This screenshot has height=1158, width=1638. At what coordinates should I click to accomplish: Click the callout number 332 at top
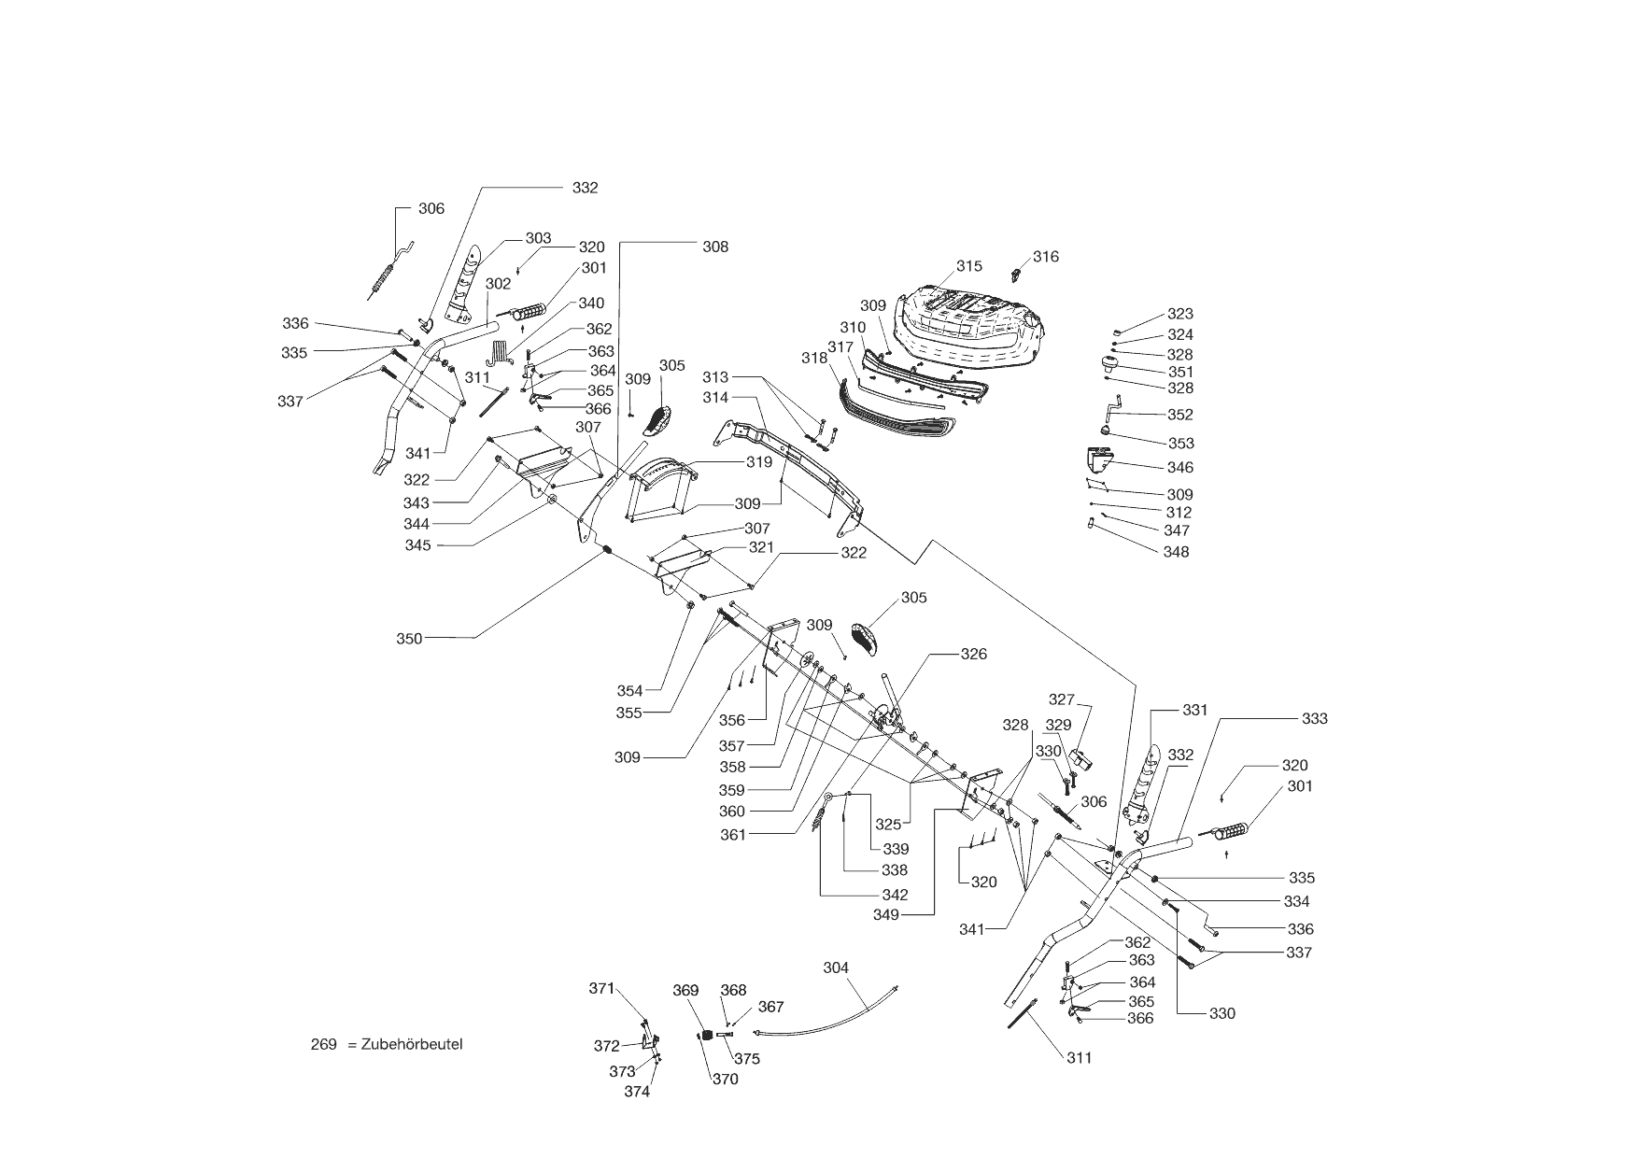pos(585,188)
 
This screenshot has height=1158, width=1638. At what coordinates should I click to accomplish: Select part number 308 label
pos(715,247)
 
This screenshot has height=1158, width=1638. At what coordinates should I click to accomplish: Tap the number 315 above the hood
pos(969,266)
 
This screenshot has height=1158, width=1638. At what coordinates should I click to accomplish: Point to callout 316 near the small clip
pos(1046,257)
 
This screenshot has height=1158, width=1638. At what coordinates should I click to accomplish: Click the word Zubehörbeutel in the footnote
pos(412,1044)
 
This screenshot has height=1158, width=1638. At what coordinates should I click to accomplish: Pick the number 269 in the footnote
pos(323,1044)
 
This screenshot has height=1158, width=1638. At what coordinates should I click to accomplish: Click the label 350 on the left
pos(409,639)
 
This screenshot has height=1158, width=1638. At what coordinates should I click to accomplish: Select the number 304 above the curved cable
pos(836,967)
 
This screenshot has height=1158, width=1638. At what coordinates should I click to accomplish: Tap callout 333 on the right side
pos(1314,719)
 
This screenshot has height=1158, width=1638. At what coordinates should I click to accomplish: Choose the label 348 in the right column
pos(1176,552)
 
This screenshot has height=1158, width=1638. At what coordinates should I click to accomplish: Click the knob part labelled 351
pos(1110,365)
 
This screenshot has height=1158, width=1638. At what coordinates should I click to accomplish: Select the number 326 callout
pos(974,655)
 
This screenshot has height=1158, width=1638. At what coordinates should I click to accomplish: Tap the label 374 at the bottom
pos(638,1091)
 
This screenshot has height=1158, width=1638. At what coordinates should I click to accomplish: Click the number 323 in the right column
pos(1180,315)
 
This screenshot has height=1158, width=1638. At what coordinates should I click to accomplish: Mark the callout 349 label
pos(886,915)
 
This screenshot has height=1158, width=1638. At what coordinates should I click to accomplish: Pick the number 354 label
pos(629,691)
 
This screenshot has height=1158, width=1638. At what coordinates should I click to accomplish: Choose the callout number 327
pos(1062,699)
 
